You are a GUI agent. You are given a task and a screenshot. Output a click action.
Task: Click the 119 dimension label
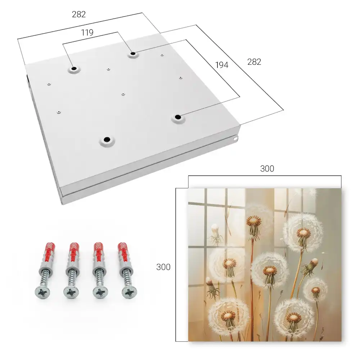pos(87,33)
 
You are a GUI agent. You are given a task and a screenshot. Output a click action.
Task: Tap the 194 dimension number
pos(222,65)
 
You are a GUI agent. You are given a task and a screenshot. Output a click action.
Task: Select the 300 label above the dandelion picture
pos(267,169)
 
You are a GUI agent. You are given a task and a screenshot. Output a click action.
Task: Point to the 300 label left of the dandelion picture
pos(163,267)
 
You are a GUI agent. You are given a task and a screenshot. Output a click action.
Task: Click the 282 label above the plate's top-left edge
pos(79,14)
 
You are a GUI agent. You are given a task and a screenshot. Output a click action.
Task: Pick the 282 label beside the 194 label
pos(254,62)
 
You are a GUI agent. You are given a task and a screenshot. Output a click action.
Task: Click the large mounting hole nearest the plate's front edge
pos(107,140)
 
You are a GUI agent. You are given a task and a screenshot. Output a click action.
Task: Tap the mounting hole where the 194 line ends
pos(177,117)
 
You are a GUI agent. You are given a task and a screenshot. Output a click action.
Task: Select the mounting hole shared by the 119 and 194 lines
pos(133,54)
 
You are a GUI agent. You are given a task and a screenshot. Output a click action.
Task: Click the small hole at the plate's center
pos(123,94)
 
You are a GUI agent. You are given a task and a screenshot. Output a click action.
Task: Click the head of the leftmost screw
pos(42,292)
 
